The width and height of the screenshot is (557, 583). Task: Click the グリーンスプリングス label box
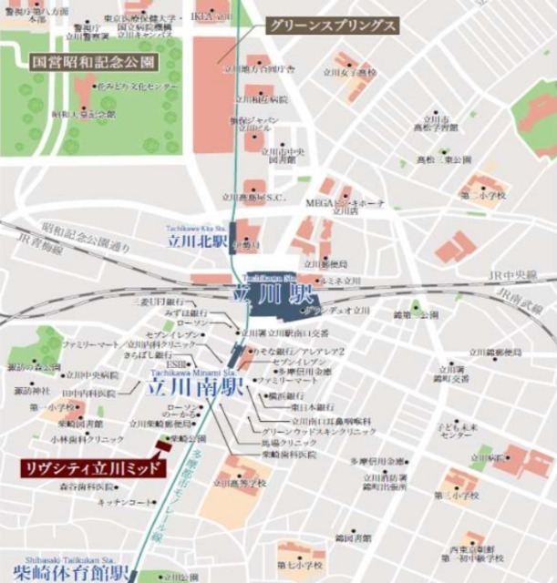tap(332, 26)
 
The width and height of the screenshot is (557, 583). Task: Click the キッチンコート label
tap(124, 502)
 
